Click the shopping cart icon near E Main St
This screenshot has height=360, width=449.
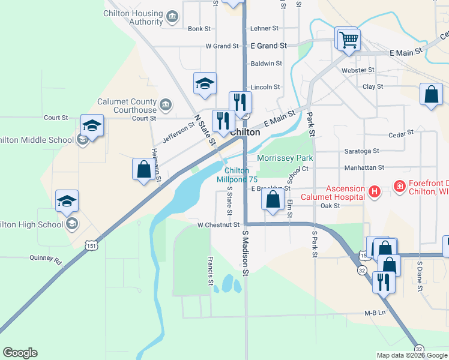(348, 40)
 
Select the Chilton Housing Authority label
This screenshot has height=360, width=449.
(133, 17)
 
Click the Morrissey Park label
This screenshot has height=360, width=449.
(285, 158)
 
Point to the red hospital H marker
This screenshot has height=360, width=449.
(375, 192)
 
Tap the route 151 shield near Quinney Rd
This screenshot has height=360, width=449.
(91, 245)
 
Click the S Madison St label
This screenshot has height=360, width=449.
(246, 252)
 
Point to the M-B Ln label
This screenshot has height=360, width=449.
(374, 313)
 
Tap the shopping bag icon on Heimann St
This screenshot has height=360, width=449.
(143, 169)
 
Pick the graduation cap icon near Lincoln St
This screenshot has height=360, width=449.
(204, 84)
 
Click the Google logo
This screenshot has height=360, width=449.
(20, 353)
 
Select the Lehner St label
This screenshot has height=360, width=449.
(264, 28)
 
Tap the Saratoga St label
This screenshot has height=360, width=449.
(361, 151)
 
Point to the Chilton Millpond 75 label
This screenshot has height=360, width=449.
(237, 175)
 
